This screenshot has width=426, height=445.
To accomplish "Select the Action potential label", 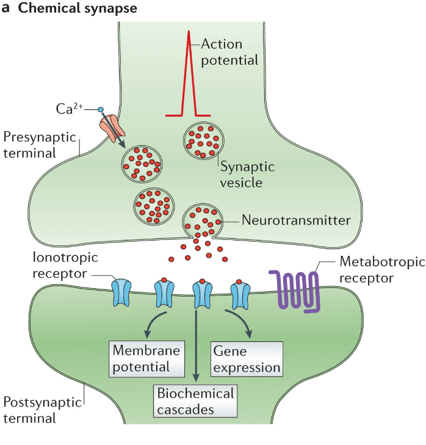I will point(229,52).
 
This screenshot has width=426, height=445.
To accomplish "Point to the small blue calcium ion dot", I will point(100,110).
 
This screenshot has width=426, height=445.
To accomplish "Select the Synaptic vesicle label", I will point(247,174).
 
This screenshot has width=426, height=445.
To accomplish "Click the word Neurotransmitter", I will point(296,220).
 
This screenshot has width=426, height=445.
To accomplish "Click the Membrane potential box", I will point(147,358).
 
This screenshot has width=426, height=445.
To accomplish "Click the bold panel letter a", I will point(5,10).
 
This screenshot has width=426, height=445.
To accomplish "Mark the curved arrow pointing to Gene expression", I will point(239,322).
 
